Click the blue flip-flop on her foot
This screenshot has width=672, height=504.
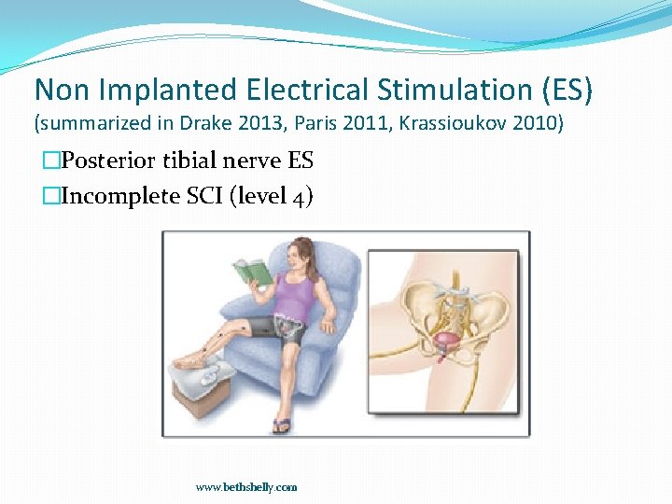click(281, 426)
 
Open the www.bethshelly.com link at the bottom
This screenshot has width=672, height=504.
click(246, 487)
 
